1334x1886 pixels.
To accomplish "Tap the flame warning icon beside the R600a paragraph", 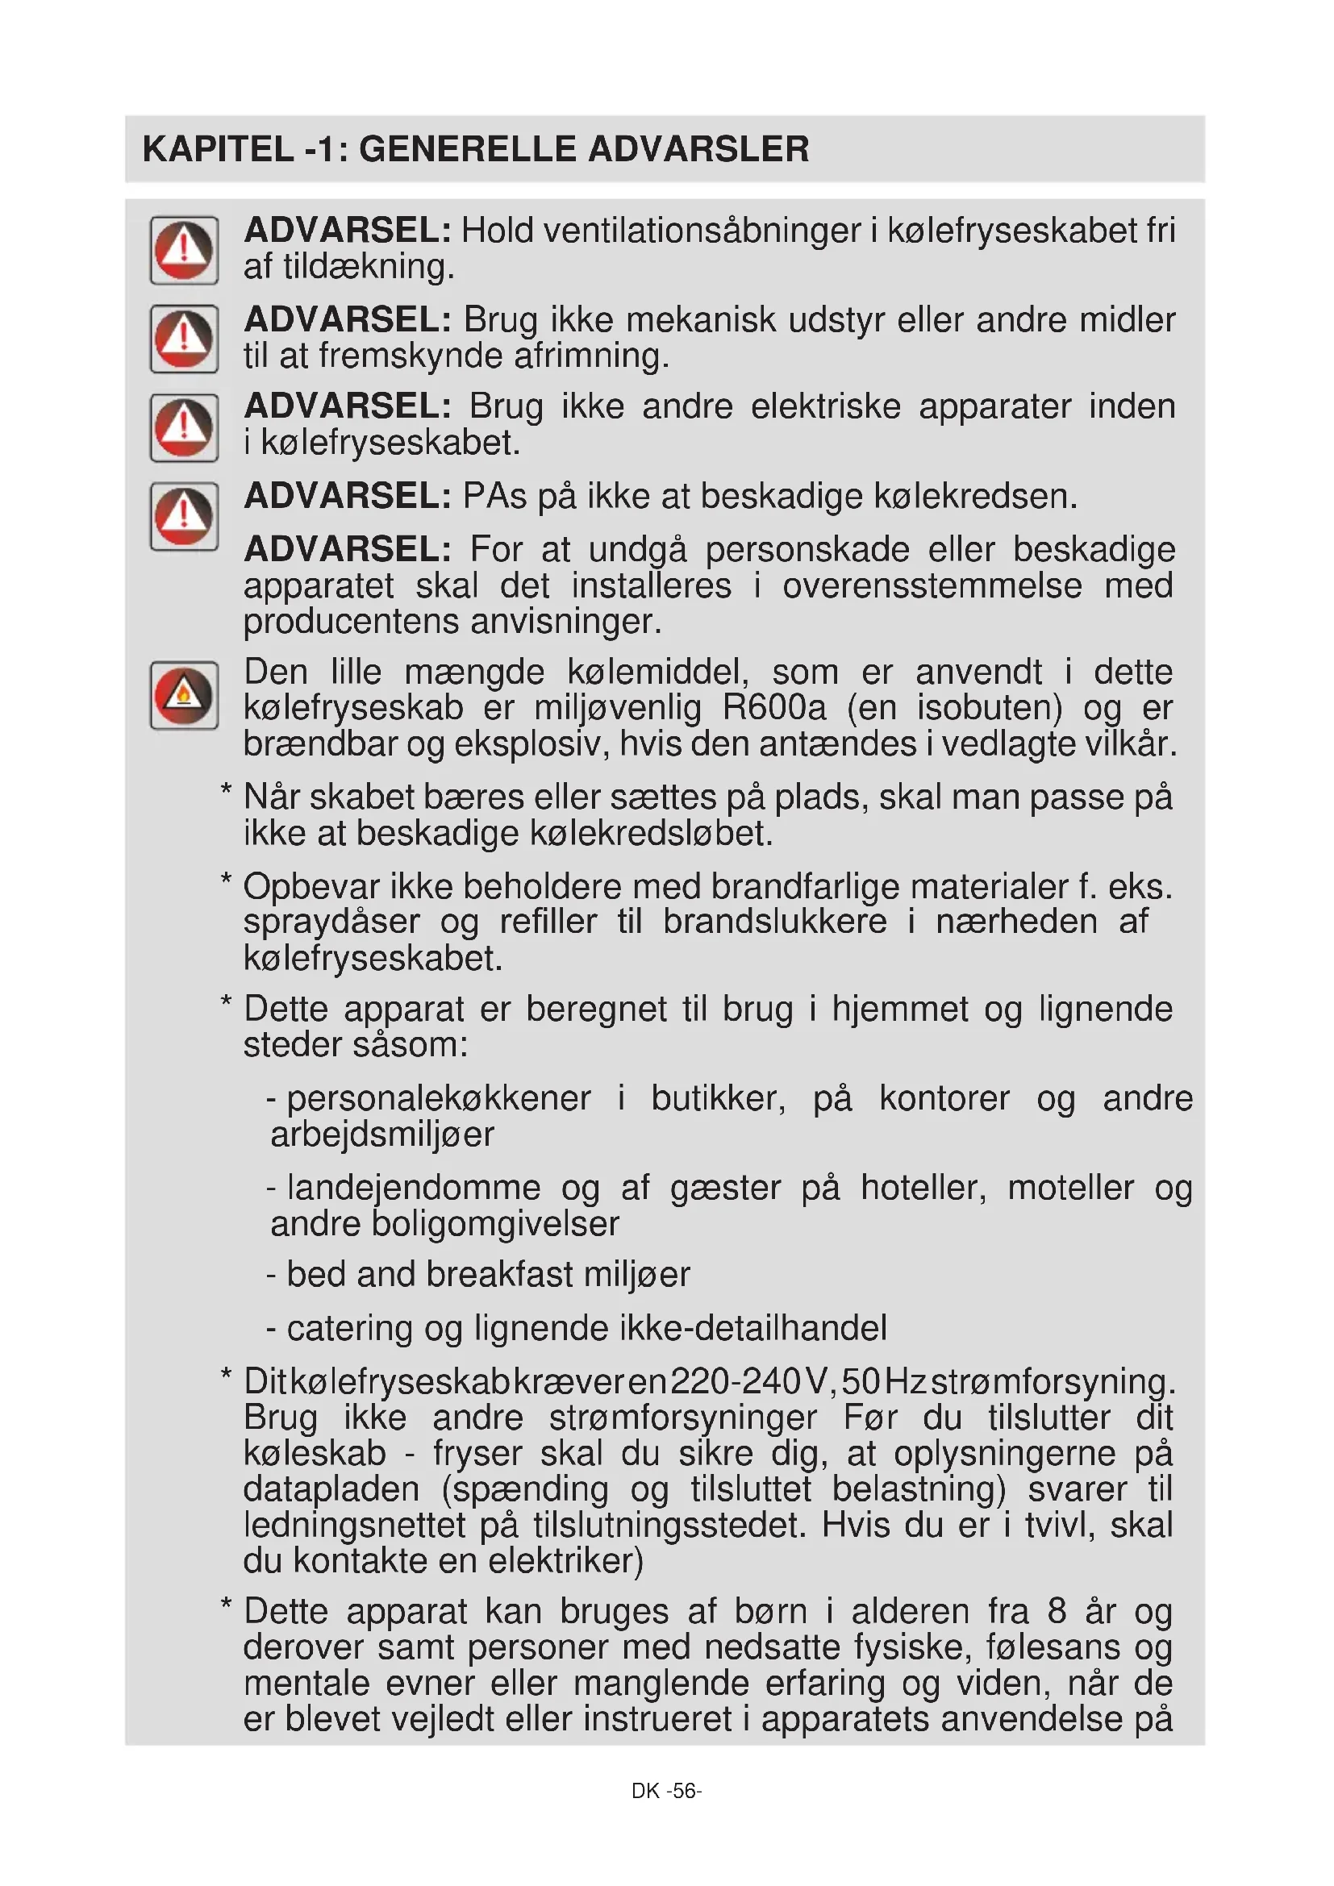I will coord(184,696).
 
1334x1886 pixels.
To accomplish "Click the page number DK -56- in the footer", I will coord(666,1791).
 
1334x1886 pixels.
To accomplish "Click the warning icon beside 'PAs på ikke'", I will coord(184,516).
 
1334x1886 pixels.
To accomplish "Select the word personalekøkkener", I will coord(439,1098).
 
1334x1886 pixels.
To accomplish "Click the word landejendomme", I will coord(414,1188).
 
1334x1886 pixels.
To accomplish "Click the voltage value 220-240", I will coord(736,1382).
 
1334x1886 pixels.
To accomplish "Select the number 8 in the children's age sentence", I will coord(1057,1612).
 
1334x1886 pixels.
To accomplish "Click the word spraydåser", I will coord(331,922).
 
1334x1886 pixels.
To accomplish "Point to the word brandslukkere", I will coord(774,922).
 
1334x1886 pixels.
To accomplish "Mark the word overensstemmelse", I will coord(932,585).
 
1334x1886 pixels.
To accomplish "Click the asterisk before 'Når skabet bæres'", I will coord(226,792).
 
